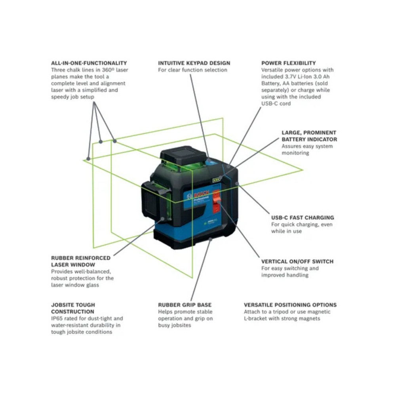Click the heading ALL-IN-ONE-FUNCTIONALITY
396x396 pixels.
89,63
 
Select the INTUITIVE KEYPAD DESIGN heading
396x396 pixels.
194,63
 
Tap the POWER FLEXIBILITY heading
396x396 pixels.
288,63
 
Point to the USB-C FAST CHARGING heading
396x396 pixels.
302,217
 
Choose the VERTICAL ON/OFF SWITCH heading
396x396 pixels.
297,261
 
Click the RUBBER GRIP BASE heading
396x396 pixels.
185,305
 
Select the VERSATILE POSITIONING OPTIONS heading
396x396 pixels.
290,305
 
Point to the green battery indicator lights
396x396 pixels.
216,180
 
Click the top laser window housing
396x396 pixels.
183,156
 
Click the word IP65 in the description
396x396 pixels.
57,318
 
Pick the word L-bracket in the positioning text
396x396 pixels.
258,318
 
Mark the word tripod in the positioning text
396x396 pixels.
279,312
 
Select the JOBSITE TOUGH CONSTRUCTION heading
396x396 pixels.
73,308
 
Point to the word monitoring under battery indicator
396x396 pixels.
295,153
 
